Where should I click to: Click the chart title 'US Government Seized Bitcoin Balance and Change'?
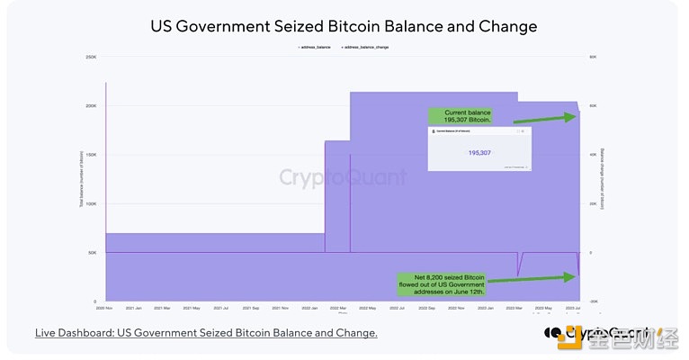coord(344,26)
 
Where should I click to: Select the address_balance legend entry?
coord(313,45)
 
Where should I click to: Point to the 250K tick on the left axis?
coord(91,58)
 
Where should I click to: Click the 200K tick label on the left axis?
coord(91,106)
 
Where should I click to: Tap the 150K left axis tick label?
coord(91,155)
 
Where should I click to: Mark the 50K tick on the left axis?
coord(91,253)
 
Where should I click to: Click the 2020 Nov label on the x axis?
coord(106,308)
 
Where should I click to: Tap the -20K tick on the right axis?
coord(594,301)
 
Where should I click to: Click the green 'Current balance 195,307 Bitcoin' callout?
coord(467,116)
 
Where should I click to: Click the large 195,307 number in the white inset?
coord(479,153)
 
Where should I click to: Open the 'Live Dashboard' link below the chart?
coord(206,333)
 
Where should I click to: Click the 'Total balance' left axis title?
coord(80,180)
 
